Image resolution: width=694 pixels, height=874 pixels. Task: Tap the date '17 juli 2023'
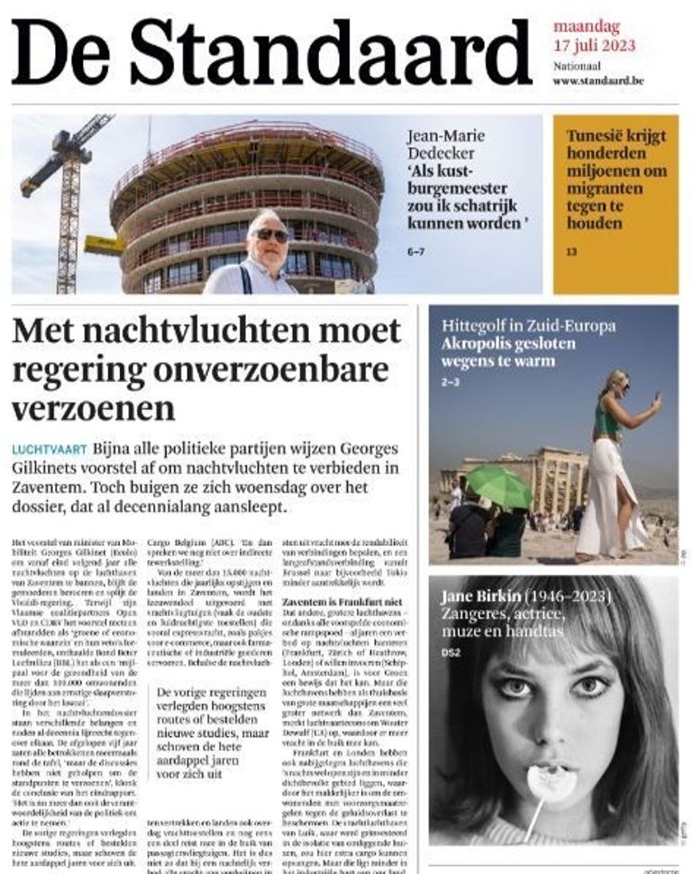point(594,44)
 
